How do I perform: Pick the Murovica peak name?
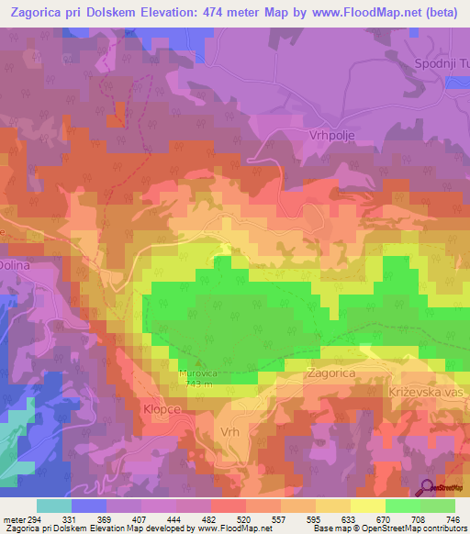pos(195,374)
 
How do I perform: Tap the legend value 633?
pos(348,518)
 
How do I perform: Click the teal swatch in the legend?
pos(53,506)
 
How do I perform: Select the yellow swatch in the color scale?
pos(367,506)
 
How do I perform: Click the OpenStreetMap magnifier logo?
pos(428,488)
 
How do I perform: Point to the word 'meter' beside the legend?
pos(15,518)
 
